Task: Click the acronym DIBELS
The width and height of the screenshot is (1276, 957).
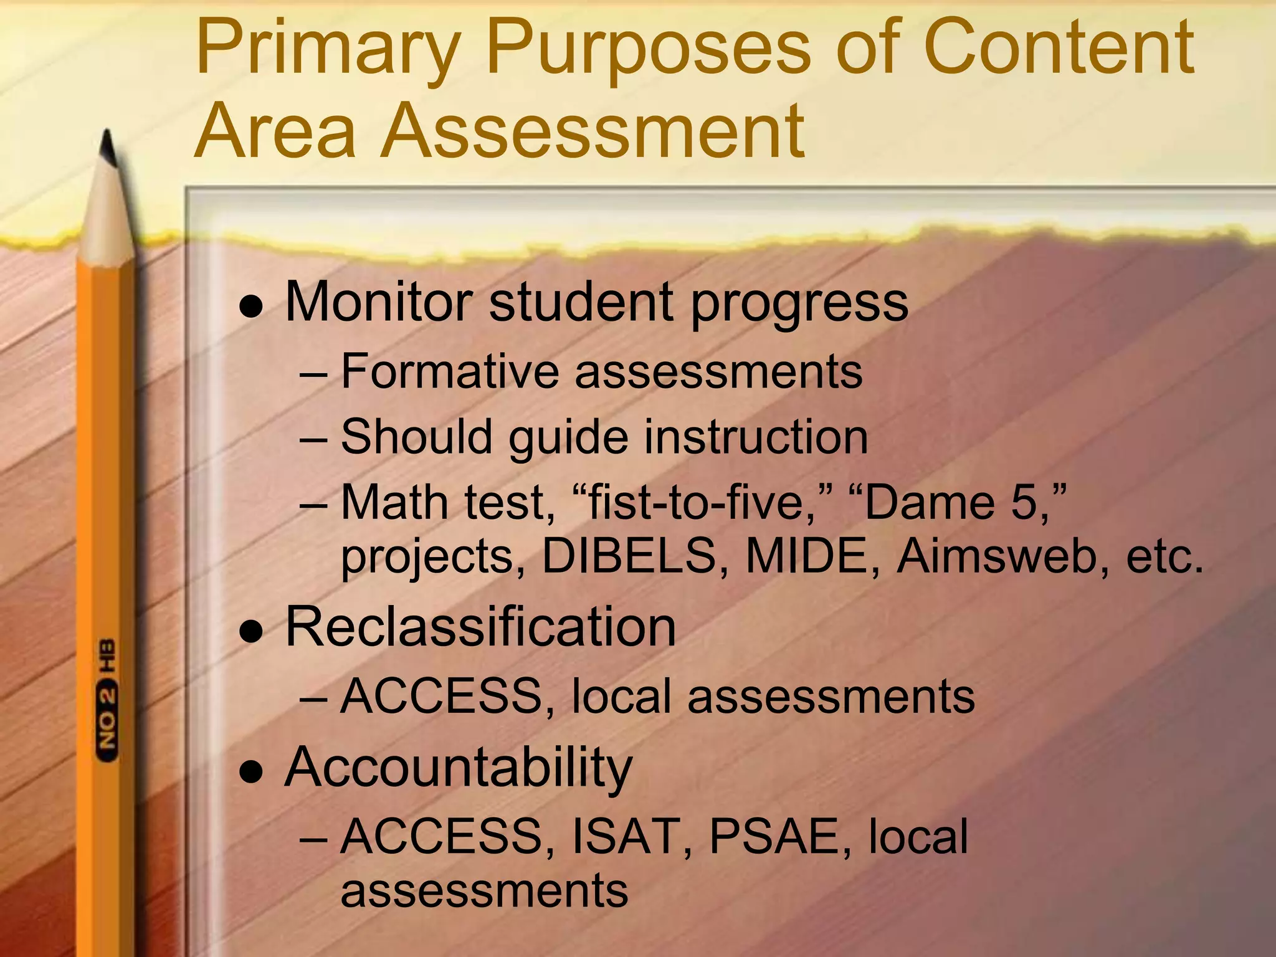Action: point(629,556)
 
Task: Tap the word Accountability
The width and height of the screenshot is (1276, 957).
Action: point(459,768)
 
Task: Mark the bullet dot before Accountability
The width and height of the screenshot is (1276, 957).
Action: point(252,773)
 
